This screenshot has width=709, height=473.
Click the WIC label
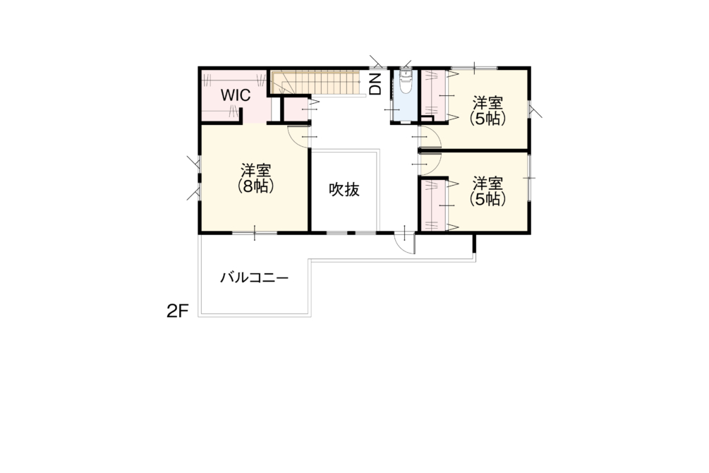tap(236, 95)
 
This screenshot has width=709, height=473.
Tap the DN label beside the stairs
tap(376, 84)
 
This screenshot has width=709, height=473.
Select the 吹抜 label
tap(344, 189)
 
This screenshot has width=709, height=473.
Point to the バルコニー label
tap(254, 277)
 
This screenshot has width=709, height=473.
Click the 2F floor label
tap(177, 311)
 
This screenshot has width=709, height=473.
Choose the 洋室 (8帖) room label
tap(256, 179)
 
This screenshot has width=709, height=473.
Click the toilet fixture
tap(406, 81)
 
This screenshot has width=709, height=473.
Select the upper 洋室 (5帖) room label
tap(487, 110)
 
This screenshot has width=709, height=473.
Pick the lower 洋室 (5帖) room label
tap(487, 191)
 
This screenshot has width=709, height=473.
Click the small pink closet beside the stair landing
tap(296, 109)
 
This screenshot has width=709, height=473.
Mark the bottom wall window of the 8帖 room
tap(255, 233)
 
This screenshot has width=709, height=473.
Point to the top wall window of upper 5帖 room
tap(474, 68)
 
